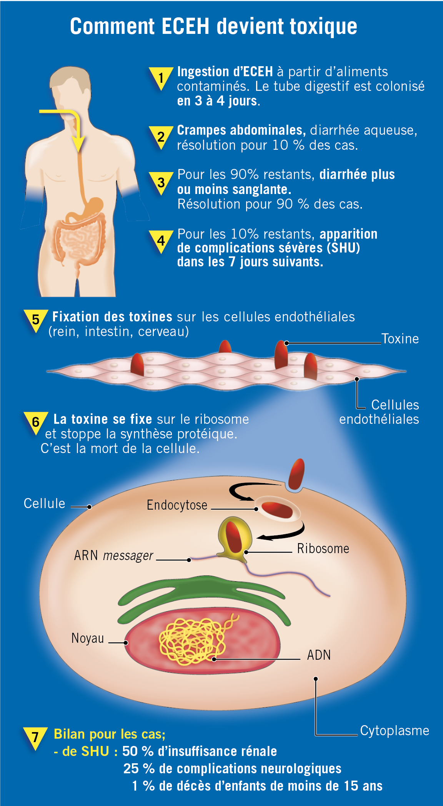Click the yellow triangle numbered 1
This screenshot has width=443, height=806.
coord(161,78)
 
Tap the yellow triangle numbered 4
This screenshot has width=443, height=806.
coord(161,241)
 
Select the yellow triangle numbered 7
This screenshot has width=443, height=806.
coord(35,737)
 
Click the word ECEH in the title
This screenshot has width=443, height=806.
coord(186,27)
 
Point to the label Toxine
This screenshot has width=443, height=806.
coord(400,339)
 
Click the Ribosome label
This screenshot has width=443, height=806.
coord(323,548)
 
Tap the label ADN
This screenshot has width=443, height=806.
coord(319,655)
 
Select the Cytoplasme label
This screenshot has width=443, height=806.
coord(395,731)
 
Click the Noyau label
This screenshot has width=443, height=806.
coord(88,638)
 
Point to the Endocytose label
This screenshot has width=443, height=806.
coord(177,505)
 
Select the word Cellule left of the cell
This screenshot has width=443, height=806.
coord(45,503)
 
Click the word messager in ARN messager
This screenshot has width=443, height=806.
coord(128,555)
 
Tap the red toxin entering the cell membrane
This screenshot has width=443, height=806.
coord(296,475)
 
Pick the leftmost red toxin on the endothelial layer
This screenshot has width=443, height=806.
coord(137,365)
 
